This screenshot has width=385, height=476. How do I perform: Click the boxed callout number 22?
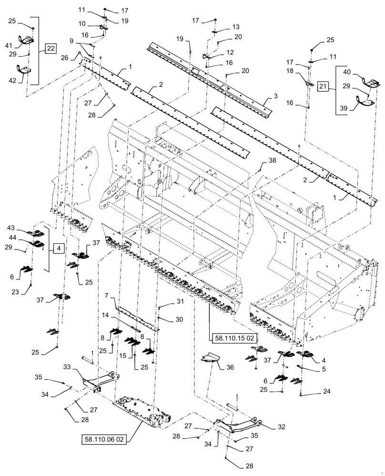click(x=51, y=48)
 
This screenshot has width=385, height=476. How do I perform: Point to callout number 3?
click(x=275, y=96)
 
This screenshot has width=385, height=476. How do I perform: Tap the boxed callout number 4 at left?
click(x=57, y=248)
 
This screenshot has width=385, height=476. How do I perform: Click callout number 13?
click(x=236, y=27)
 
